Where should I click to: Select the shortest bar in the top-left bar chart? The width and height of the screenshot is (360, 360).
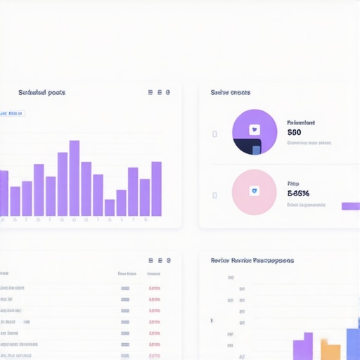click(x=109, y=207)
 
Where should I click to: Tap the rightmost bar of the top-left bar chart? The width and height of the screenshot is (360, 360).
click(x=156, y=188)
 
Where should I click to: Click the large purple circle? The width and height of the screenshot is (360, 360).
click(x=255, y=131)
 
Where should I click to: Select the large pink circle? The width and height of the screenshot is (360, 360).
click(x=255, y=192)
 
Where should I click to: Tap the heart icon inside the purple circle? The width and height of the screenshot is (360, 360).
click(x=255, y=130)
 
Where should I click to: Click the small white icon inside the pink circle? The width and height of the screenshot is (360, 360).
click(x=255, y=191)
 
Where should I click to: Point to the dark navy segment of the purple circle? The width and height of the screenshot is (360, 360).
click(x=245, y=147)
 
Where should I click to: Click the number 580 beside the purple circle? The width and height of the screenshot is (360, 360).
click(x=294, y=132)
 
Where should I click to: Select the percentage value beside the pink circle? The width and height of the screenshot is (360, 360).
click(x=298, y=193)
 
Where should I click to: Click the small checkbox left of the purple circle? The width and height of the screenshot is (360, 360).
click(x=214, y=134)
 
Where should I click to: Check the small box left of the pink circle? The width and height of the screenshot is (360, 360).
click(x=214, y=194)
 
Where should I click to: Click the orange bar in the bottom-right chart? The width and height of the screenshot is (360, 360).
click(x=330, y=349)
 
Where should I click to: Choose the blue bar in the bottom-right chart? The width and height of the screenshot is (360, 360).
click(x=353, y=345)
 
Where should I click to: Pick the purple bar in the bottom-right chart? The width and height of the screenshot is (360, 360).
click(x=303, y=347)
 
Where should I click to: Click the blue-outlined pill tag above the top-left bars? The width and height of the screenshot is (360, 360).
click(x=13, y=112)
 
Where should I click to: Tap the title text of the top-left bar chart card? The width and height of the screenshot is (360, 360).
click(x=41, y=92)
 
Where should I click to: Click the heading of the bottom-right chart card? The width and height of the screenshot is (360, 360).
click(x=252, y=260)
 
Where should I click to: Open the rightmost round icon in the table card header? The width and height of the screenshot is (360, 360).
click(x=168, y=260)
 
